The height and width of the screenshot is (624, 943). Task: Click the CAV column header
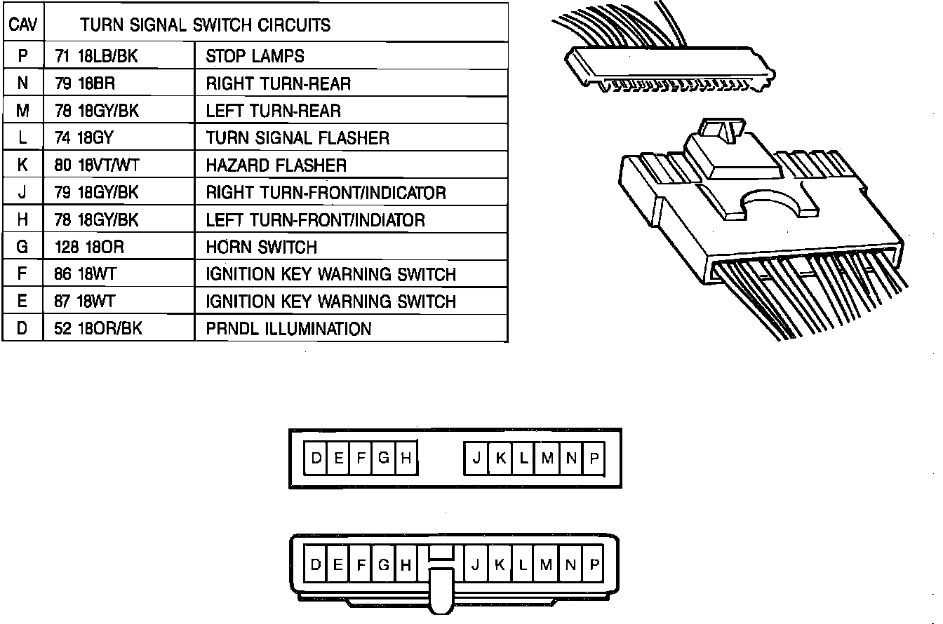click(22, 25)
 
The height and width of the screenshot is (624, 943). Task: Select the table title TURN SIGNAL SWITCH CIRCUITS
click(205, 25)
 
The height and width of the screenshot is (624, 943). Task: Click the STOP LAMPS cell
click(255, 56)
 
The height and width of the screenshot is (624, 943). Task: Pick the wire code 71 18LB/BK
click(96, 56)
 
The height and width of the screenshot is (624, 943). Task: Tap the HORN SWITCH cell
click(261, 247)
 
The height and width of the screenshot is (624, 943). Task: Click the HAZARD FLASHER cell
click(276, 165)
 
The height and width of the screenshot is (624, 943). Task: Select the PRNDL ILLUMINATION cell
click(288, 329)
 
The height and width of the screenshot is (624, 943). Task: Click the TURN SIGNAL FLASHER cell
click(297, 138)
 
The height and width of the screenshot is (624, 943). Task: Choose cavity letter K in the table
click(22, 165)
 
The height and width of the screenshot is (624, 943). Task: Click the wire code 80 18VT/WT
click(97, 165)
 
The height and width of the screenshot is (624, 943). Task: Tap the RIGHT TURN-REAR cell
click(278, 83)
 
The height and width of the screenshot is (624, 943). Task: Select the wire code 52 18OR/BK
click(98, 329)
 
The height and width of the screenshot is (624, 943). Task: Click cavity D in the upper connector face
click(316, 459)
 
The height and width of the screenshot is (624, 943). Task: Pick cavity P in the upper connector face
click(594, 459)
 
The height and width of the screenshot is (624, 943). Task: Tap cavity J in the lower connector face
click(475, 565)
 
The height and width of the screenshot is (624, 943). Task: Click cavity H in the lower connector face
click(405, 565)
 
